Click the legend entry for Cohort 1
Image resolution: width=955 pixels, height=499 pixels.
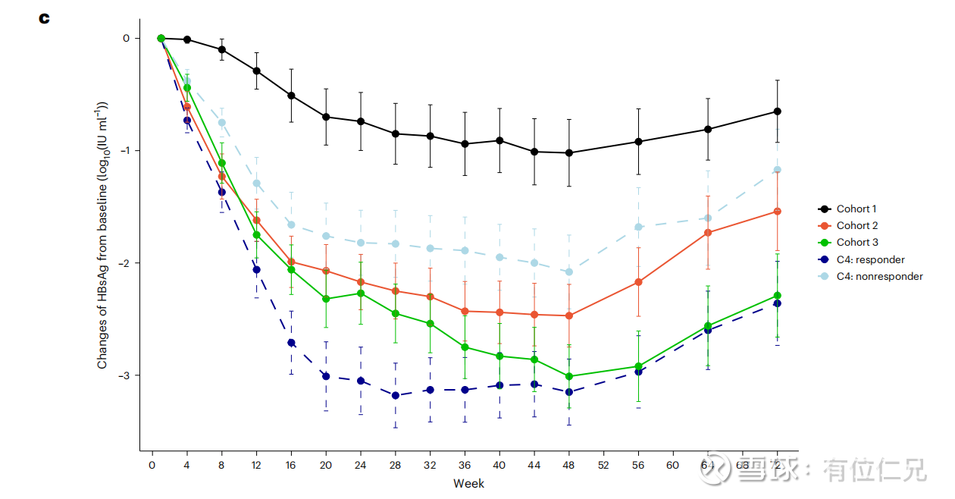[856, 209]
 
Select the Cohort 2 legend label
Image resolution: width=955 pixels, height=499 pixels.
[856, 225]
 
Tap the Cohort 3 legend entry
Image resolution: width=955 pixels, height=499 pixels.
[856, 242]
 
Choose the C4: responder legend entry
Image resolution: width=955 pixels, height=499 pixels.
[870, 259]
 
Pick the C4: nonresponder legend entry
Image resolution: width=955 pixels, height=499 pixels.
[879, 276]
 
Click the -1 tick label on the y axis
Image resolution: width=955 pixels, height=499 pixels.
[125, 150]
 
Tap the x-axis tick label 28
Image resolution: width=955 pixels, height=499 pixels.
[395, 466]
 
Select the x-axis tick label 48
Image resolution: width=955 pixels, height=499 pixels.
[568, 466]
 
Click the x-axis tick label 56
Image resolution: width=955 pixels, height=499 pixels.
[638, 466]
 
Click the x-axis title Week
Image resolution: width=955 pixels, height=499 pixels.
[468, 483]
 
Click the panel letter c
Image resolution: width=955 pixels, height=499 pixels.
[44, 17]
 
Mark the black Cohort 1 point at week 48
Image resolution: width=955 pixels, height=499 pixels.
[569, 153]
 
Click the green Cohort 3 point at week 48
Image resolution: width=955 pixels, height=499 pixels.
[569, 376]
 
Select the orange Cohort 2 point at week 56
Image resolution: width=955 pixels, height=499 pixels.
[638, 281]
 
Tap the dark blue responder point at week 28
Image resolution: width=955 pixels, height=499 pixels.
[395, 395]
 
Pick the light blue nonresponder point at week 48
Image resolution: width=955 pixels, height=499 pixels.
[569, 271]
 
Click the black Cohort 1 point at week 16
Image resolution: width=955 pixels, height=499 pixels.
[291, 96]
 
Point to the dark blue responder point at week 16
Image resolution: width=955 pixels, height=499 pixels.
[291, 343]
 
